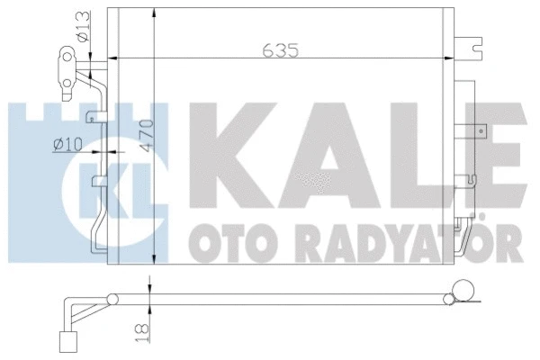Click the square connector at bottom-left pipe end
pyautogui.click(x=65, y=340)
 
